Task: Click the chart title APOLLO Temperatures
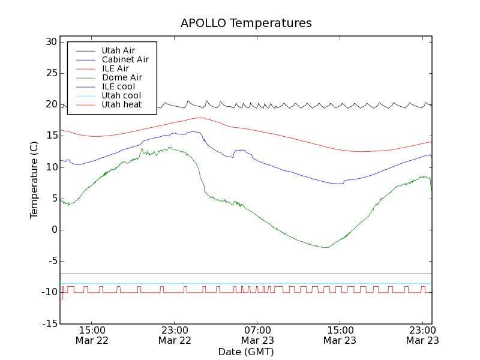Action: point(246,23)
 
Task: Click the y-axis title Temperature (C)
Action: point(34,180)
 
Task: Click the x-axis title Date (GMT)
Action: point(246,352)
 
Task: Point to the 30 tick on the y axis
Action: point(50,42)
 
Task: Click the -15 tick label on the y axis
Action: point(49,323)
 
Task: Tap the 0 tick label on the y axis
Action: point(54,230)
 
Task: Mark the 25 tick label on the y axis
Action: point(50,73)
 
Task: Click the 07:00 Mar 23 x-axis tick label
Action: point(257,335)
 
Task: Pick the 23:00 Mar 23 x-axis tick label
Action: point(422,335)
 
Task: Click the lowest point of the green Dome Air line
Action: point(325,247)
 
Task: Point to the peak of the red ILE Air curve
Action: point(200,118)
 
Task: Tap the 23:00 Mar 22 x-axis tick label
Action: point(175,335)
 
